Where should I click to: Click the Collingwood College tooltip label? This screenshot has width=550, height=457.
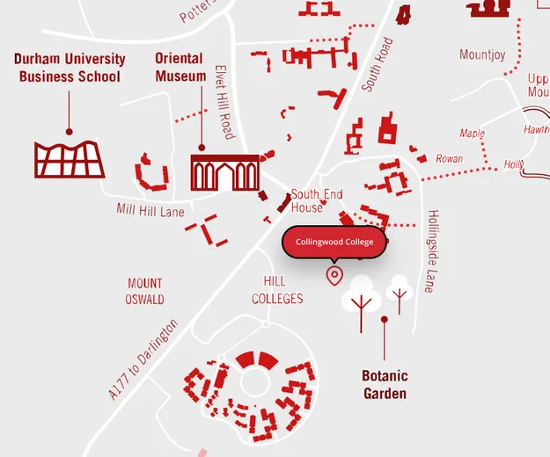point(334,242)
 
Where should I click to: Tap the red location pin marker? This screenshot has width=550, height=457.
point(334,276)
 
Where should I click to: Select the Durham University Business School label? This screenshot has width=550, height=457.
point(70,68)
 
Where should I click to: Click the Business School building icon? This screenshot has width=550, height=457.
point(70,159)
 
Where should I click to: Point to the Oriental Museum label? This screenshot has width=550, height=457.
point(180,68)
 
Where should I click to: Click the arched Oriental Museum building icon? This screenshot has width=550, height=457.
point(224,172)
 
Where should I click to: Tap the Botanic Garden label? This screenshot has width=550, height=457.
point(385,385)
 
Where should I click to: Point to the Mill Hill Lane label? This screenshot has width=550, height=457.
point(150,210)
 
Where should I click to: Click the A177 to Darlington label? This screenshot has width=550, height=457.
point(143,360)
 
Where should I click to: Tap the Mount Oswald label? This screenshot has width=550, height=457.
point(145,291)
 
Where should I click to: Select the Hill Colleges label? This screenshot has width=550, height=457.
point(277,290)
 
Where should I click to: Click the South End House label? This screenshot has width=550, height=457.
point(307,201)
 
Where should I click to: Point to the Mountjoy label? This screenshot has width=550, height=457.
point(482,55)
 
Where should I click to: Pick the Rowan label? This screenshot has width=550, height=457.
point(450,159)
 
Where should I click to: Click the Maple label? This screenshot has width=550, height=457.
point(473,134)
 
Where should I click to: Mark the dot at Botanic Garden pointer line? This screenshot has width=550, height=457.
point(384,319)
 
